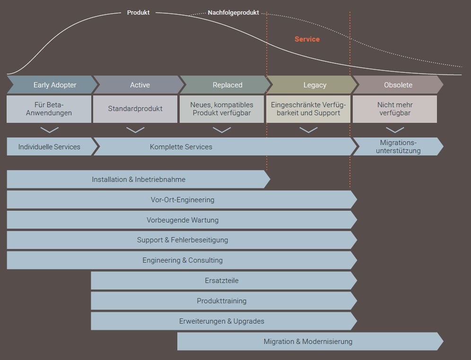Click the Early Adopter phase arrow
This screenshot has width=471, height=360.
(x=52, y=85)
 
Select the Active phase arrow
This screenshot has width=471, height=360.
(x=139, y=85)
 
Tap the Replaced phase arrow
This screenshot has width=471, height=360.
(x=226, y=85)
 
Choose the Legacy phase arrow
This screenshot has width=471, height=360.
(x=313, y=85)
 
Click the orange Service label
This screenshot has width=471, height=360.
(x=307, y=39)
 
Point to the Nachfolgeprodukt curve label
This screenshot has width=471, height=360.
(x=233, y=13)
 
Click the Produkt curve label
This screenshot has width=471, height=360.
(x=138, y=13)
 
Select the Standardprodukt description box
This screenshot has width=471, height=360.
(x=135, y=109)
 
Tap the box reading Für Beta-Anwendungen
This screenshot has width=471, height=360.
(x=49, y=109)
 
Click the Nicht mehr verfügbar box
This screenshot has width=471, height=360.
(x=395, y=109)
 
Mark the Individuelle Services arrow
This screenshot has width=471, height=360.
(x=49, y=147)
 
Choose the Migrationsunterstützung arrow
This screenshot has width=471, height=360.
(x=398, y=147)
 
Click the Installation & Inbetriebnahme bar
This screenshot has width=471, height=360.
(x=138, y=180)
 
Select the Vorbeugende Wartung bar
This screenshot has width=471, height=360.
(x=182, y=220)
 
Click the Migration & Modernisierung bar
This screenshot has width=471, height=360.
(x=308, y=342)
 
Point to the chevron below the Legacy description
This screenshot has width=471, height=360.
(x=308, y=130)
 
